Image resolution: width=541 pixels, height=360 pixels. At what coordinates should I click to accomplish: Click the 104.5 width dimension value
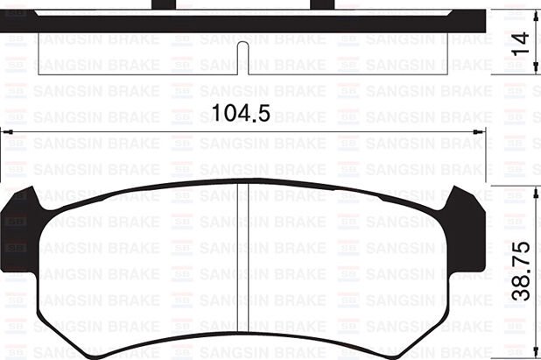coord(238,113)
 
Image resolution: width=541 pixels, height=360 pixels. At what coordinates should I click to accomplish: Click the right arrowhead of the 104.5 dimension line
coord(482,132)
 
